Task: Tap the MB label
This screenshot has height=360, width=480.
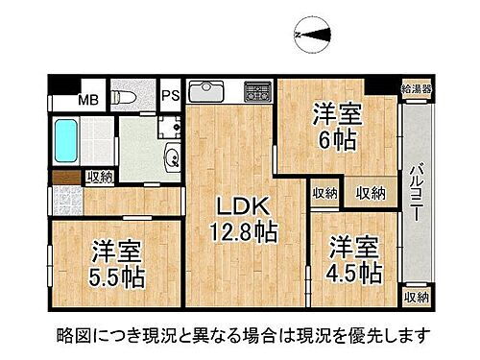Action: pos(88,98)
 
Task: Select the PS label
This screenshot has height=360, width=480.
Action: pos(171,95)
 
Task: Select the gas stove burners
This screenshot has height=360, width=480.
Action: pos(258,92)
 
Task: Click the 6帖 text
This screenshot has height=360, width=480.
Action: pos(337,140)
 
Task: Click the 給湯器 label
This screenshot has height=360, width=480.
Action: pos(417,89)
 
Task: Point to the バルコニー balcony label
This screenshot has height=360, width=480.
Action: pos(416,193)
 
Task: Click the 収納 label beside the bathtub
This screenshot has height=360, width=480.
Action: pos(99,176)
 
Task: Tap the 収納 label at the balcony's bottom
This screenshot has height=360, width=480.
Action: pos(417,299)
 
